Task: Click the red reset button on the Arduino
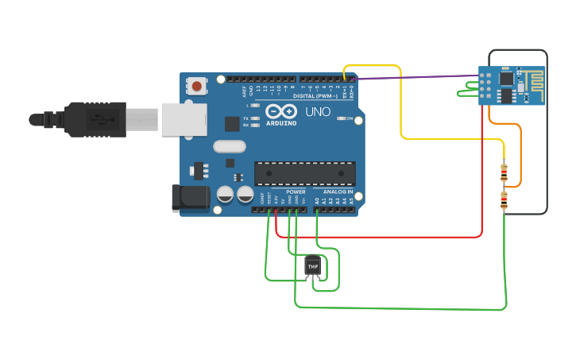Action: pos(197,84)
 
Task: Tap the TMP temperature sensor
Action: pos(313,265)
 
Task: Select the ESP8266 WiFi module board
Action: pos(512,86)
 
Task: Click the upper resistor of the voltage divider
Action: pos(504,171)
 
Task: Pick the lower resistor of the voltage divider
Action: pos(504,200)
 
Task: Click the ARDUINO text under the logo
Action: pos(281,123)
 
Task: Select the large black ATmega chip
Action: pos(304,173)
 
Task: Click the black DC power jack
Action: pos(190,198)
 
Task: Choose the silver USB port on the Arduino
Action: pos(184,119)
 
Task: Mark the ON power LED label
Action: pos(350,118)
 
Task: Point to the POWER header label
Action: pos(296,192)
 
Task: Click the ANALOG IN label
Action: pos(338,192)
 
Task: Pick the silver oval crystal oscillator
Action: pos(230,146)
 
